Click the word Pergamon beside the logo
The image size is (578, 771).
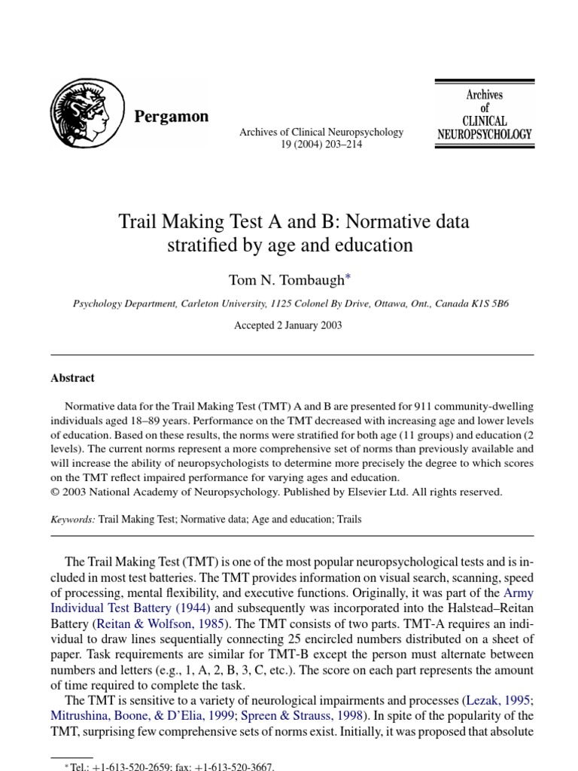point(171,117)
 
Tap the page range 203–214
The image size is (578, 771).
point(339,145)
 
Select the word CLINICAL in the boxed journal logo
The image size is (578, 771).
point(484,120)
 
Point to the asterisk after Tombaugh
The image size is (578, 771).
point(348,277)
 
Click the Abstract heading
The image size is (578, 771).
point(73,378)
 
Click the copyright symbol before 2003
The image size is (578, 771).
point(55,492)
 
